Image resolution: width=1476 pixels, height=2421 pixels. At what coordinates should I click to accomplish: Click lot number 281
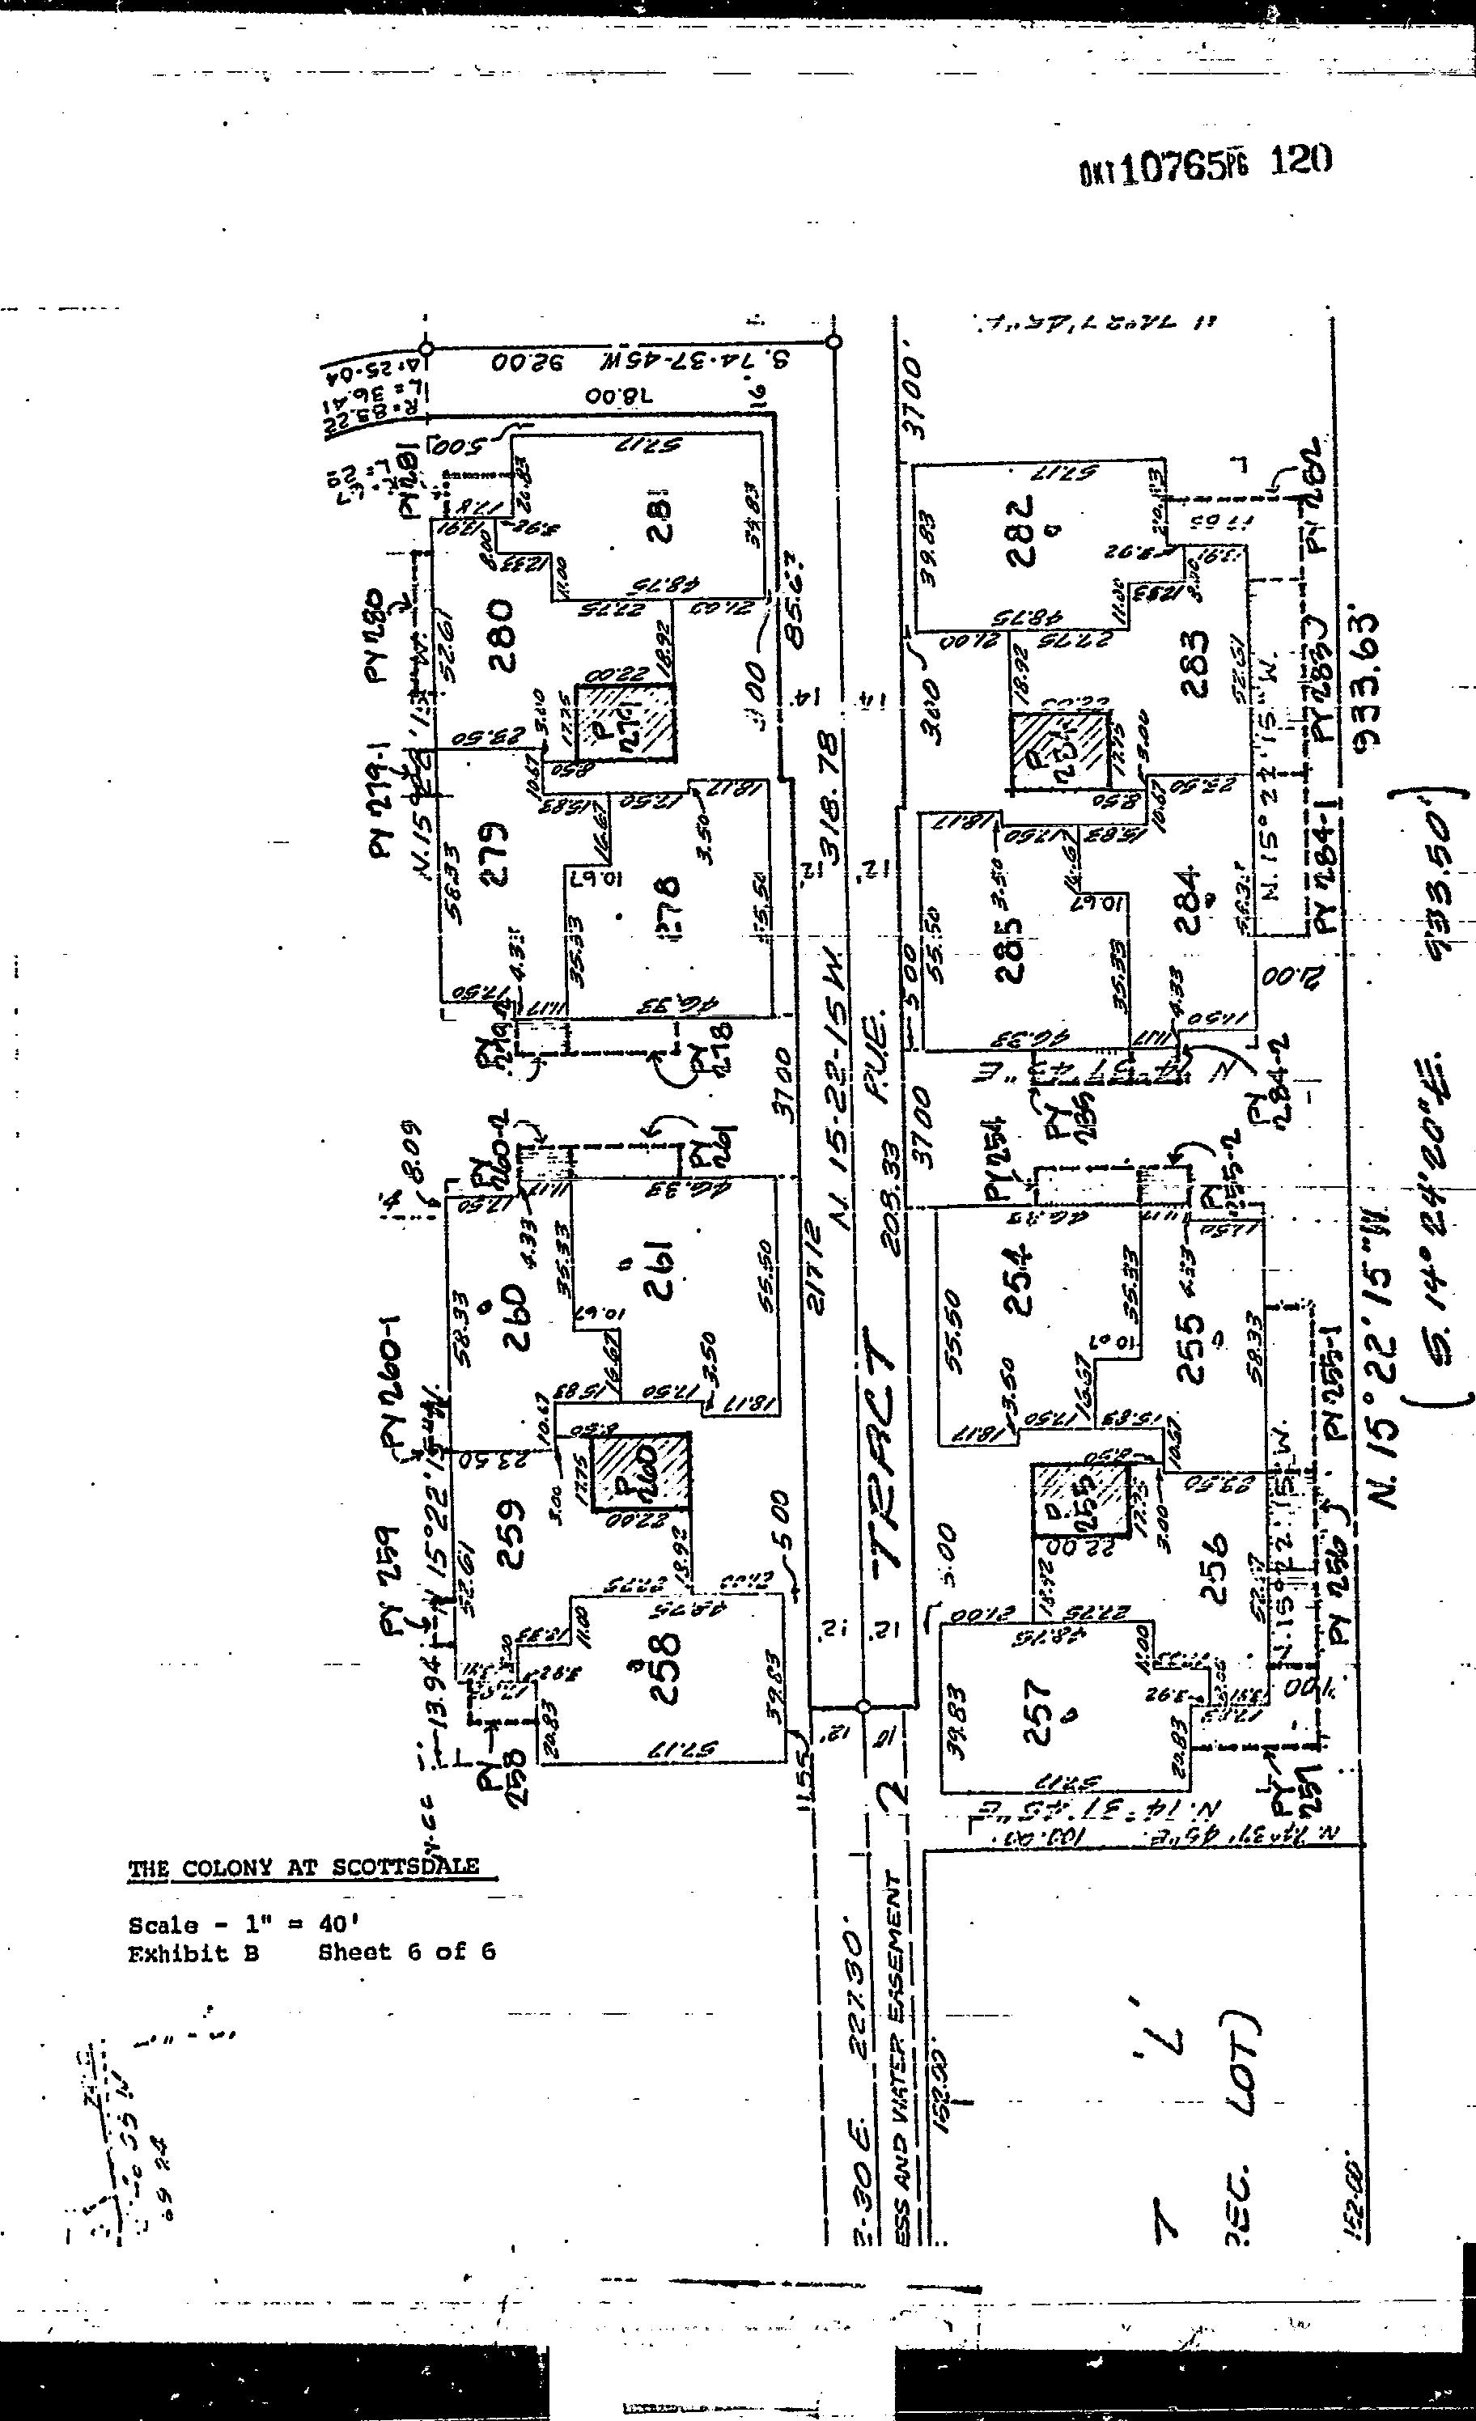click(x=660, y=511)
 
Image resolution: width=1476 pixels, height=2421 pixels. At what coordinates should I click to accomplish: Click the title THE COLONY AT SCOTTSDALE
click(x=303, y=1868)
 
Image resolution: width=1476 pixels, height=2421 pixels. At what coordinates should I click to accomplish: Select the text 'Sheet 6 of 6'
click(x=407, y=1952)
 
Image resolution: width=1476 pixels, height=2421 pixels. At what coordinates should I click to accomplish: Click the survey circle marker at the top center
click(x=833, y=343)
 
